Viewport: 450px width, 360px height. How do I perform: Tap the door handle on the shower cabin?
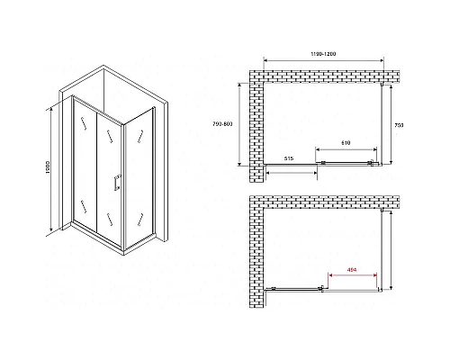115,184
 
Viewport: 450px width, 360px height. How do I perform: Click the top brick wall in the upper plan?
324,76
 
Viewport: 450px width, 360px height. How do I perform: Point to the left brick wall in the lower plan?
258,247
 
